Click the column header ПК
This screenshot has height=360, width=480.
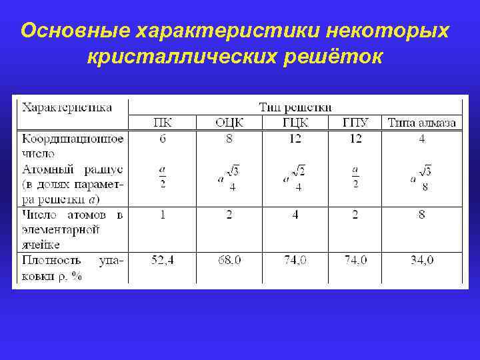162,122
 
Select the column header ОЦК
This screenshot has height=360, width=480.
229,122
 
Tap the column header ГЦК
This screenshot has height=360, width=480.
295,122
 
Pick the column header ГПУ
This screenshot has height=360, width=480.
356,122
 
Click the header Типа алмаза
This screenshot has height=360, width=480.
422,122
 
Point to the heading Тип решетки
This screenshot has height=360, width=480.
295,107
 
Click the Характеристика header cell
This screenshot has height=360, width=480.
67,107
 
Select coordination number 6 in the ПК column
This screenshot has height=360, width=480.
162,139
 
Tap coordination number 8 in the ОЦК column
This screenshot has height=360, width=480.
229,139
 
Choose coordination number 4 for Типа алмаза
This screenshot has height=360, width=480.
422,139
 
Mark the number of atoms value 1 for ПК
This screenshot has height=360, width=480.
162,215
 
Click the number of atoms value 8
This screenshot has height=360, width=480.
422,215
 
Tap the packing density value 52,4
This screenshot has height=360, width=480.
162,260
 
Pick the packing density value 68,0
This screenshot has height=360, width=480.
229,260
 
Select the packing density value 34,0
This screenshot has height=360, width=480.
421,260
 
